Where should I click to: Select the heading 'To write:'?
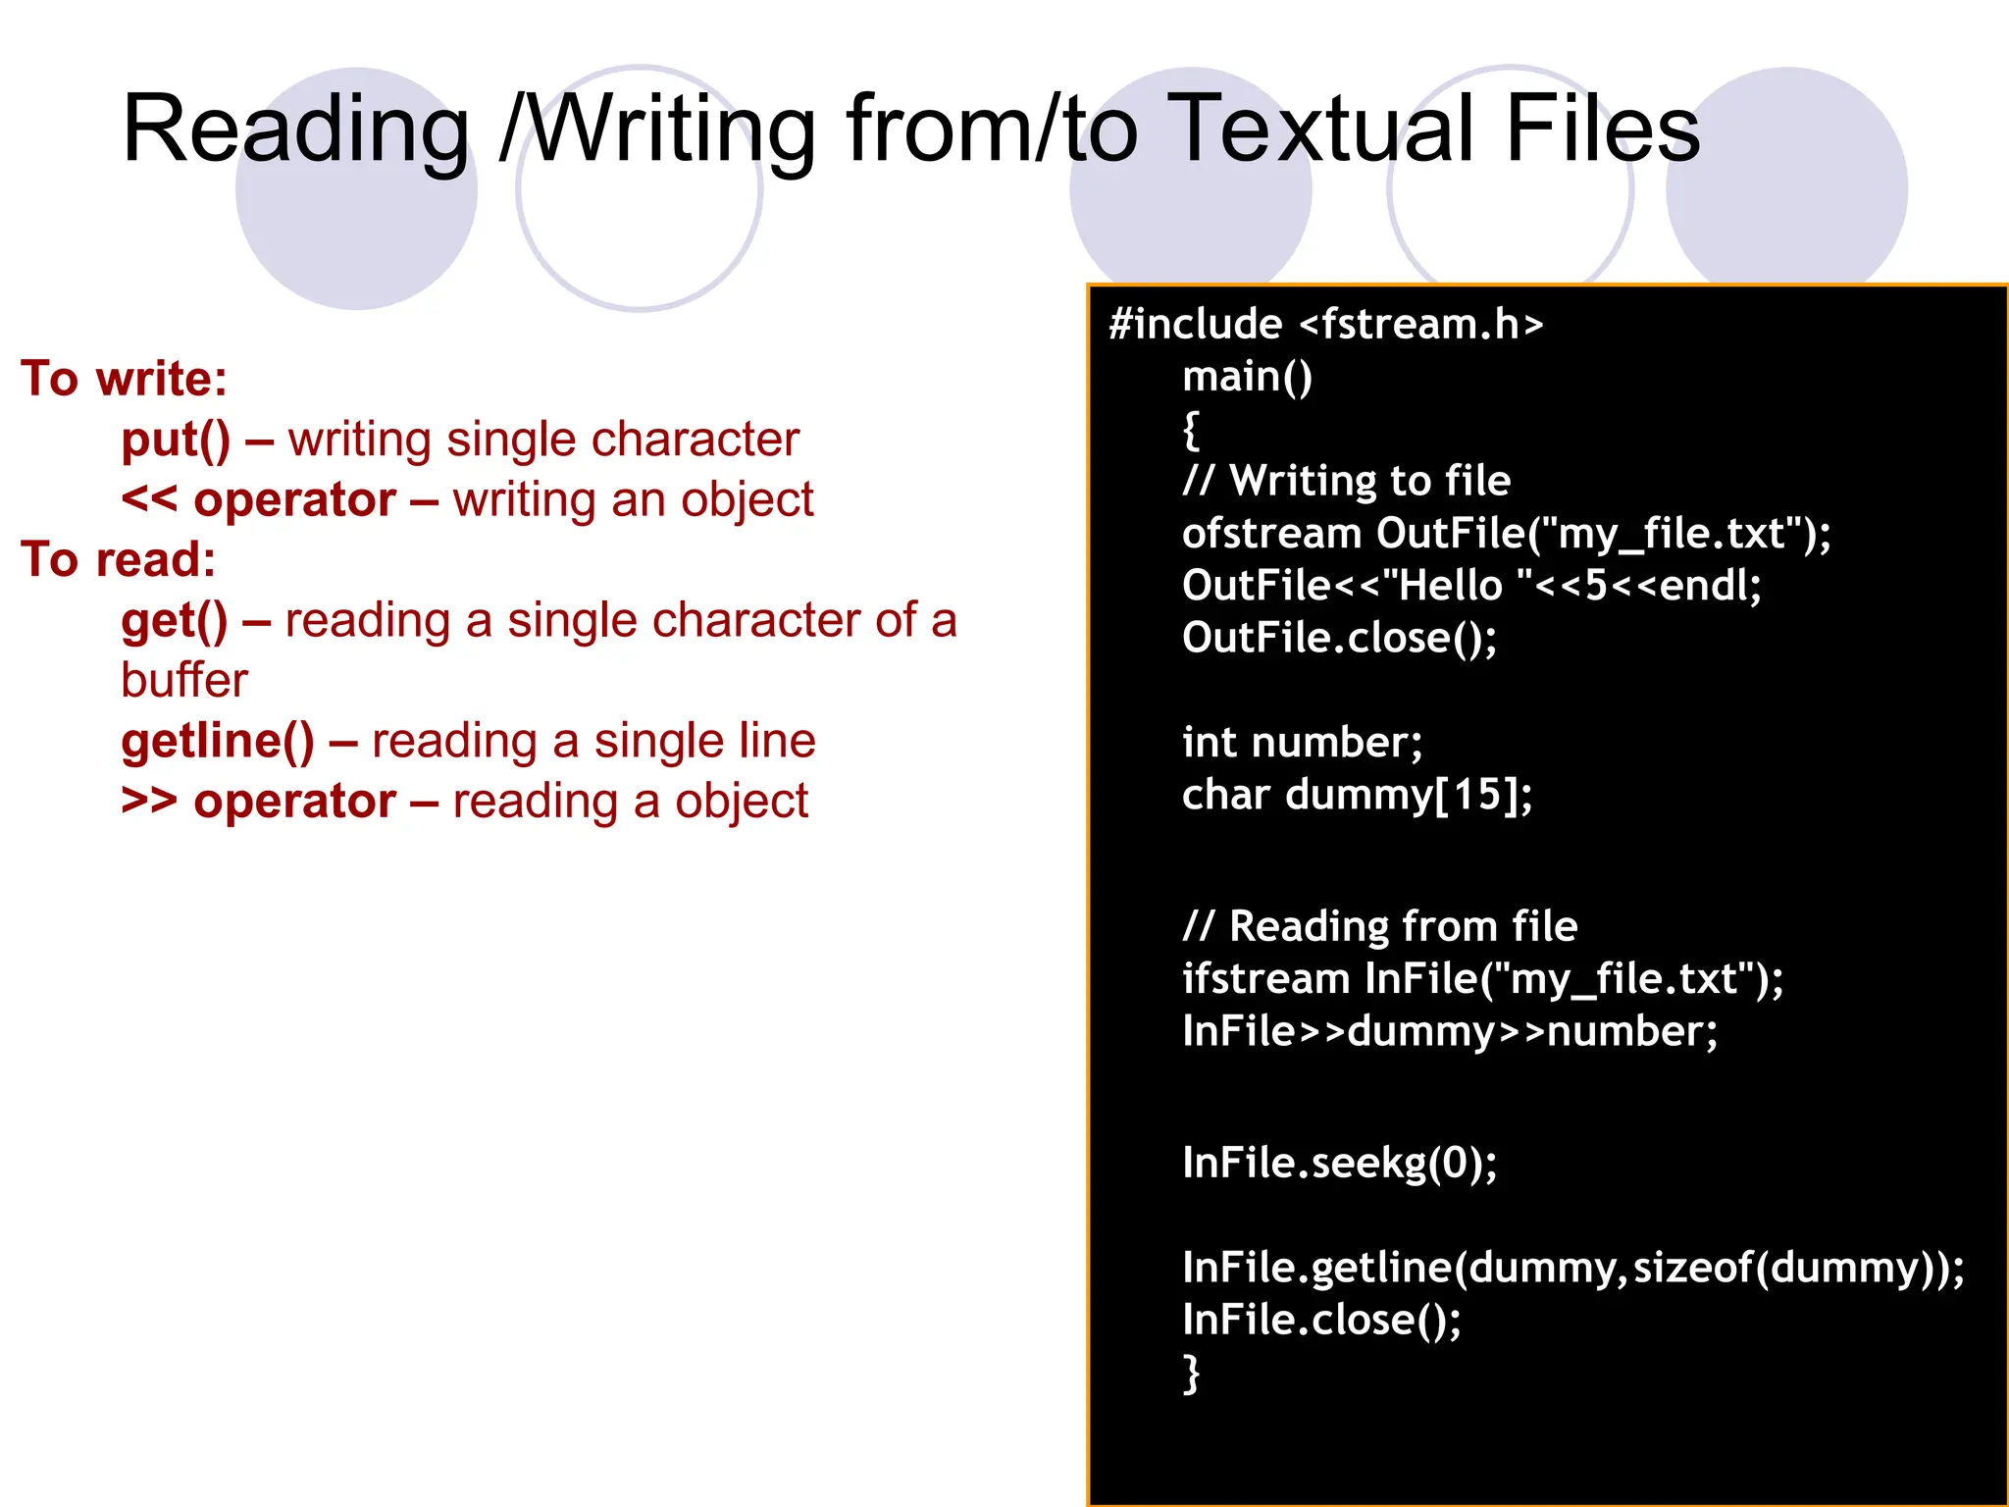124,379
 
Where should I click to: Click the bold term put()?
176,440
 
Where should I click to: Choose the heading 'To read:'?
118,560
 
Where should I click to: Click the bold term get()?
174,621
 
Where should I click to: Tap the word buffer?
184,681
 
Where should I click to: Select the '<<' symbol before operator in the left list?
148,499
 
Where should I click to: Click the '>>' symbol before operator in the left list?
148,801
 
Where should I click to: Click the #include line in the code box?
1325,324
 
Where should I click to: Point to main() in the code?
1247,377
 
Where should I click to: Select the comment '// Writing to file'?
1346,481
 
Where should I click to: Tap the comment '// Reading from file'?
1379,926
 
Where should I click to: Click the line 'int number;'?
1302,743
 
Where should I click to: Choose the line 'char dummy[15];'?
1357,795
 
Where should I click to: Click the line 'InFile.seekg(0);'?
1339,1164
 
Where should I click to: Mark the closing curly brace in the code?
1191,1374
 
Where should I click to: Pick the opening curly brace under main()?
1191,430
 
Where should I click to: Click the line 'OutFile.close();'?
1339,639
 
